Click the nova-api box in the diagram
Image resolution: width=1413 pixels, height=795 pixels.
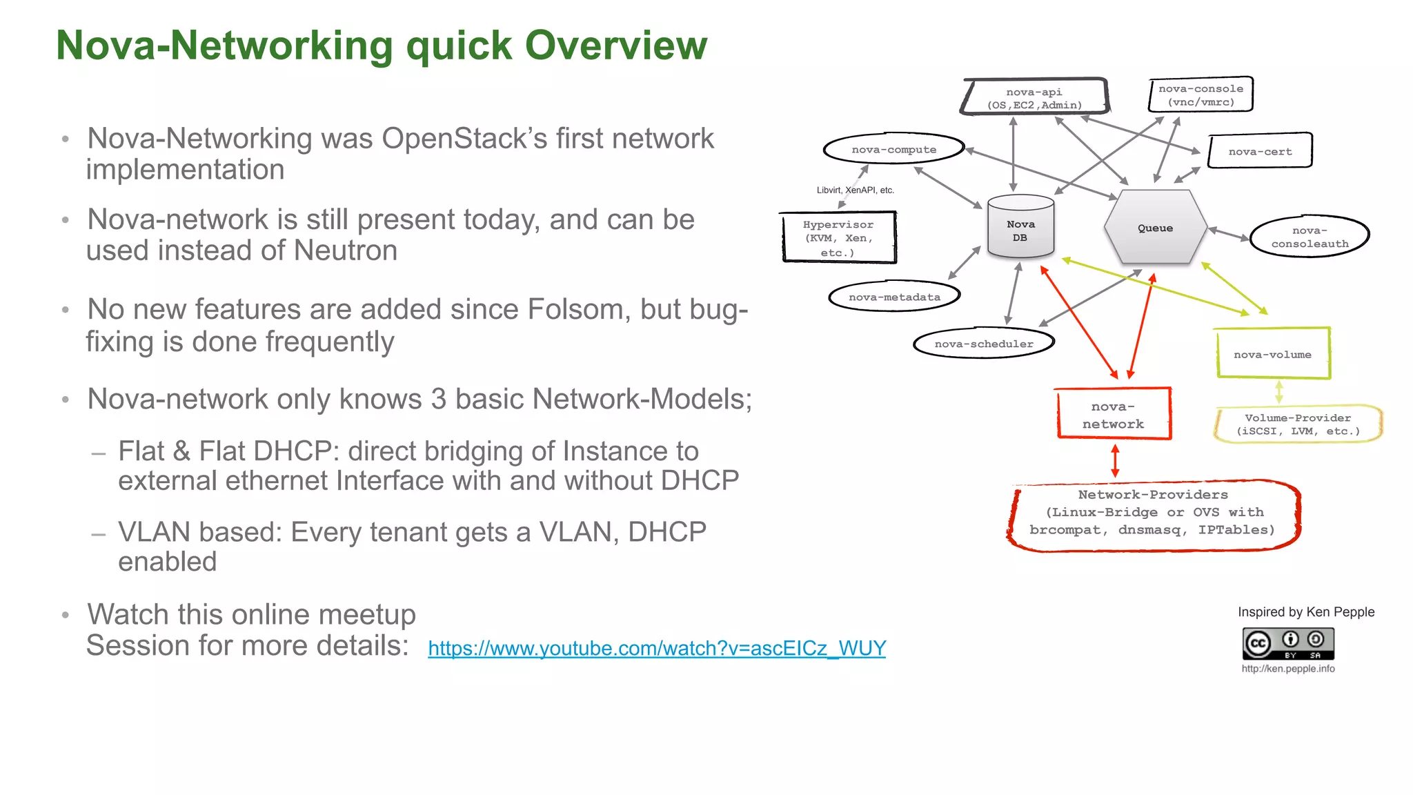point(1034,97)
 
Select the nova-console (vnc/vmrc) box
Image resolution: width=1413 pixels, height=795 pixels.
point(1200,95)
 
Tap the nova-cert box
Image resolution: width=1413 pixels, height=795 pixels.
point(1260,151)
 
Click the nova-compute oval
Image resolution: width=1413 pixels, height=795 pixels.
point(893,149)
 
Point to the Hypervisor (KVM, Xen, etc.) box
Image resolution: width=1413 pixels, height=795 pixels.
point(838,238)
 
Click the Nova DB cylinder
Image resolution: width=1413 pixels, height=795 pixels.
point(1020,228)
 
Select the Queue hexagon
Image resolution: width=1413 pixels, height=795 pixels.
point(1155,228)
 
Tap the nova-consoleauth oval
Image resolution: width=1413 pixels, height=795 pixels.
point(1310,237)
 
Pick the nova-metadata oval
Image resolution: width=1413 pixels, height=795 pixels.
point(894,297)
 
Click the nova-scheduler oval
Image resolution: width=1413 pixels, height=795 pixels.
point(984,344)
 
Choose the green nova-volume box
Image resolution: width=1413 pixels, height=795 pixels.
point(1272,354)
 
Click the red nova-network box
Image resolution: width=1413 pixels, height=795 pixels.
point(1113,415)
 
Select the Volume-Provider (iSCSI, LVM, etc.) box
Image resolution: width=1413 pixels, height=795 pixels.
point(1298,424)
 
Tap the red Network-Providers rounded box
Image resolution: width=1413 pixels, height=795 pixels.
point(1152,514)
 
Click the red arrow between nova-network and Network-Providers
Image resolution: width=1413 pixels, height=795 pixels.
point(1115,461)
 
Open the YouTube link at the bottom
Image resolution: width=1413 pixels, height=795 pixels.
point(656,648)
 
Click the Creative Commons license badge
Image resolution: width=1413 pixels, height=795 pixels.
point(1287,644)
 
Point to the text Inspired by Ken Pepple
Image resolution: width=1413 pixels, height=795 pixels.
point(1305,612)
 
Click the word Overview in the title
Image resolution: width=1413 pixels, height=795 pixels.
point(615,46)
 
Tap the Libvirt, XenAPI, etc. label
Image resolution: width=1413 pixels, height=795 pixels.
point(855,190)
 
